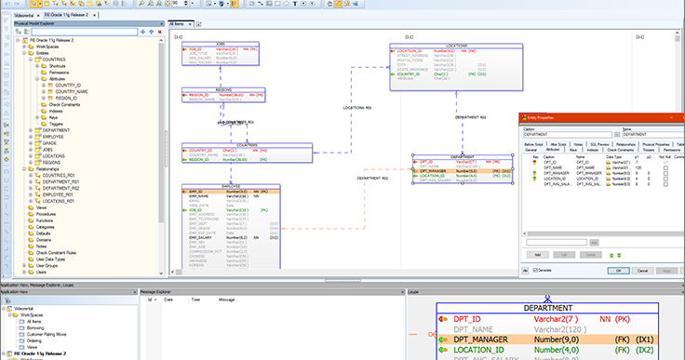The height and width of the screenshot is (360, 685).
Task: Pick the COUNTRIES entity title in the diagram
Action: (247, 145)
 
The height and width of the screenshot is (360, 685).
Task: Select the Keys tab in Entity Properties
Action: (575, 150)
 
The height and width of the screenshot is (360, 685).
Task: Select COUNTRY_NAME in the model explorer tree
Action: (71, 92)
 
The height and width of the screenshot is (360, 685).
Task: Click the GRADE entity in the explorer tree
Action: (51, 142)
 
